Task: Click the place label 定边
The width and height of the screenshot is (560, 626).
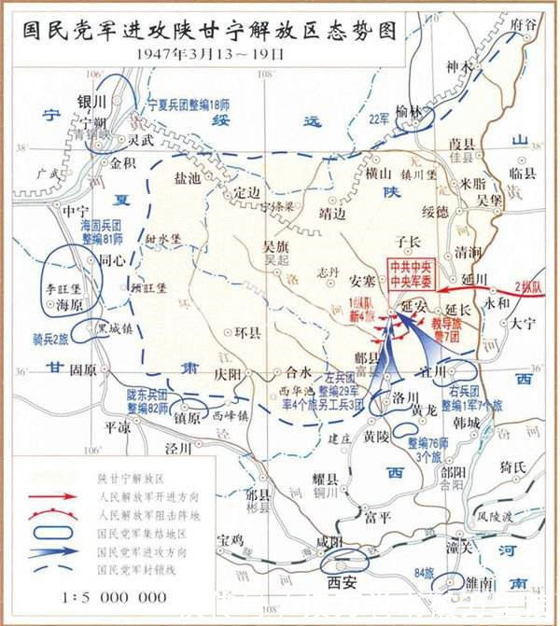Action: coord(247,191)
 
